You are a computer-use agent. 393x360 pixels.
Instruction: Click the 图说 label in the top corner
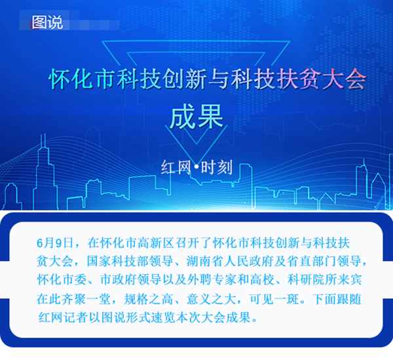point(47,22)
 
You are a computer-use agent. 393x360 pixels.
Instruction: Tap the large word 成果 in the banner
point(196,117)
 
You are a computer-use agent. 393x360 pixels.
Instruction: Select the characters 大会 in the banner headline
point(343,79)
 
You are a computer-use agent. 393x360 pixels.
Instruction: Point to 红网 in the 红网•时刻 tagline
point(176,167)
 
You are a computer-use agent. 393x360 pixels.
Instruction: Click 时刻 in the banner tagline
point(217,167)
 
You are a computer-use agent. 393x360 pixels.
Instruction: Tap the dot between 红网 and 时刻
point(196,167)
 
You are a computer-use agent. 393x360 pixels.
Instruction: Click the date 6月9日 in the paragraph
point(55,243)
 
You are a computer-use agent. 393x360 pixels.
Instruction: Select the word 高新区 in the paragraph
point(156,243)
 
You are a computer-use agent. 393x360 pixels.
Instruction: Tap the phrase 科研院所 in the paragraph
point(312,280)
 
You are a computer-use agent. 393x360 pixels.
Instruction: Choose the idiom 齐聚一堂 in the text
point(86,299)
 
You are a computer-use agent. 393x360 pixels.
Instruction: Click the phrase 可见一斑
point(274,299)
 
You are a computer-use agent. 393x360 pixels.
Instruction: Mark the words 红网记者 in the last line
point(63,317)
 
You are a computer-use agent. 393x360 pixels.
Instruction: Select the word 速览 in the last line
point(163,317)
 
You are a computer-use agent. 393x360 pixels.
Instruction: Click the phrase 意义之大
point(212,299)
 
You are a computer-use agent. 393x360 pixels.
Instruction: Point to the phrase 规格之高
point(149,299)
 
